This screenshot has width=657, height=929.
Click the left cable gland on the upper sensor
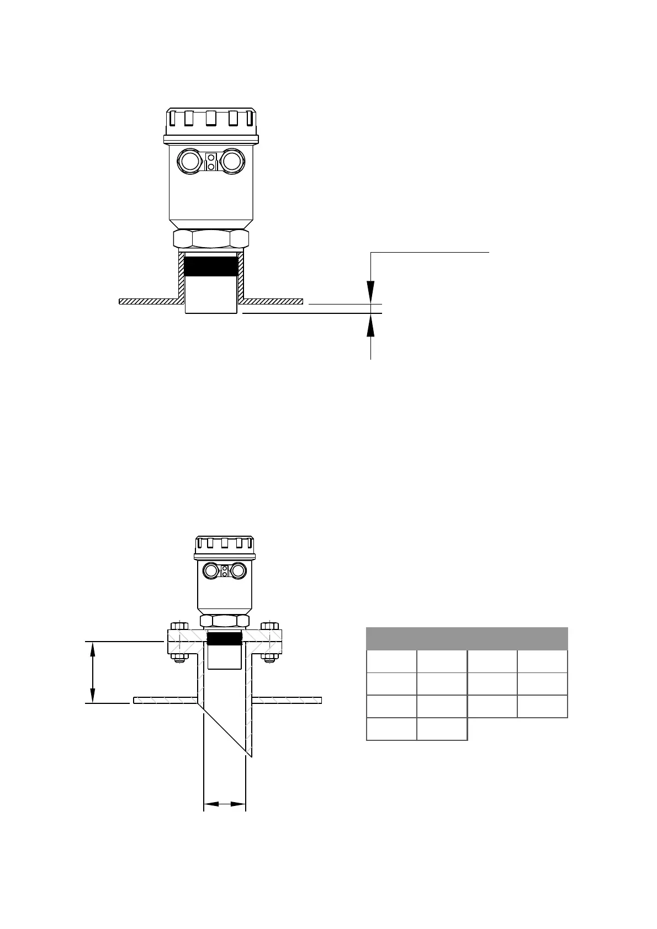(x=189, y=162)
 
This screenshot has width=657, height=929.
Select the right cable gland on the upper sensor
(x=232, y=162)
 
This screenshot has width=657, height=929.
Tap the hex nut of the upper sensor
(x=211, y=239)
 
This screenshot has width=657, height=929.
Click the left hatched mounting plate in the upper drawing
(x=148, y=301)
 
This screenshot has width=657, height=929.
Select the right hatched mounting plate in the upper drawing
(x=273, y=301)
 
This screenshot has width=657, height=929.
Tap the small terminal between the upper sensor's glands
(x=210, y=162)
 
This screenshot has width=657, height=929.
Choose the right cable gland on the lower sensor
(x=239, y=570)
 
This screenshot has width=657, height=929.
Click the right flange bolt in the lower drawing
(x=269, y=643)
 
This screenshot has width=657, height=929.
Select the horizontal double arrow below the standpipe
(x=225, y=805)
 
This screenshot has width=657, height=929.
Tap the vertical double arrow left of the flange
(x=93, y=672)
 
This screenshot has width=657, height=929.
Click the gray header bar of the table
(x=467, y=638)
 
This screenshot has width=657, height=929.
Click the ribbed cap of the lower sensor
(x=224, y=545)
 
